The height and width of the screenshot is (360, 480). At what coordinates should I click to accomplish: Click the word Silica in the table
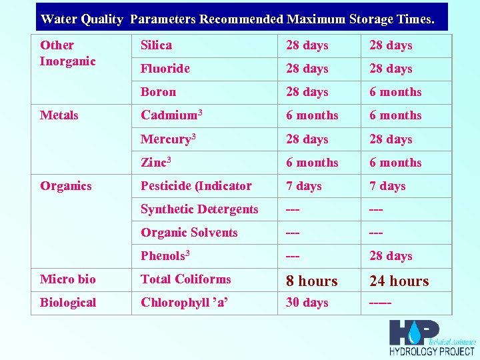pyautogui.click(x=156, y=45)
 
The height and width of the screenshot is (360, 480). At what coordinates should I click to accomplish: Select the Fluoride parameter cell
pyautogui.click(x=165, y=69)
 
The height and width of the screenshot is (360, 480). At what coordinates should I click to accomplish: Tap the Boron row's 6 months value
pyautogui.click(x=395, y=92)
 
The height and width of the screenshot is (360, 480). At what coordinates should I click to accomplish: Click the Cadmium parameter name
pyautogui.click(x=171, y=115)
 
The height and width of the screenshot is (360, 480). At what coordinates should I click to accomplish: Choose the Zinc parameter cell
pyautogui.click(x=156, y=163)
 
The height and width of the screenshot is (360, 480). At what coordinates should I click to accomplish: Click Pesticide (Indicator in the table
pyautogui.click(x=196, y=186)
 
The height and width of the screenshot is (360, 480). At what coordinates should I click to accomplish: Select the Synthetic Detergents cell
pyautogui.click(x=199, y=209)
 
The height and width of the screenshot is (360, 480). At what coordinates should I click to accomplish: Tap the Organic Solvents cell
pyautogui.click(x=189, y=233)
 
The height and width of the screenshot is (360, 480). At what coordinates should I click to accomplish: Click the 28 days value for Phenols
pyautogui.click(x=391, y=256)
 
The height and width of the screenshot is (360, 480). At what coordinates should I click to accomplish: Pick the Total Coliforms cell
pyautogui.click(x=185, y=279)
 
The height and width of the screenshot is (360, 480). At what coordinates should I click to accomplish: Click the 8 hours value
pyautogui.click(x=311, y=281)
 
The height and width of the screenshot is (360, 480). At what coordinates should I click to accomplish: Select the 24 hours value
pyautogui.click(x=399, y=281)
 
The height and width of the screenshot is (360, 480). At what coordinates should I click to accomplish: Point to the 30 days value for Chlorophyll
pyautogui.click(x=307, y=303)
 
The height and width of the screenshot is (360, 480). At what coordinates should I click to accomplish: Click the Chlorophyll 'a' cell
pyautogui.click(x=184, y=303)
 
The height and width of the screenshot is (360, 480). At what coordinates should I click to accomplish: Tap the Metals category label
pyautogui.click(x=59, y=115)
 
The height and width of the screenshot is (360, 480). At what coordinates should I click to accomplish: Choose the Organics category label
pyautogui.click(x=65, y=186)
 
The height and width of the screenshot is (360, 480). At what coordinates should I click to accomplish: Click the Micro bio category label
pyautogui.click(x=67, y=279)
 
